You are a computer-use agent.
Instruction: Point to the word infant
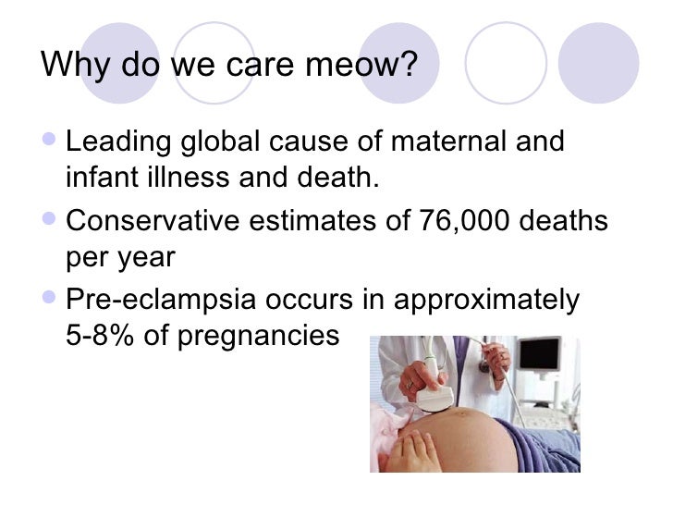coord(97,177)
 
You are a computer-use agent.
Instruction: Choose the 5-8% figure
coord(103,334)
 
